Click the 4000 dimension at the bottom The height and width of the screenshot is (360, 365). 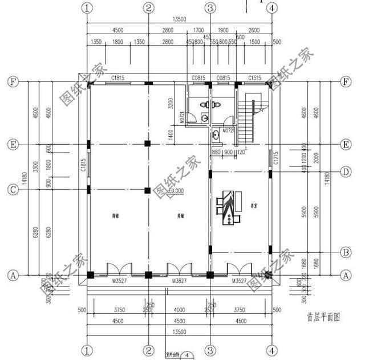coord(179,310)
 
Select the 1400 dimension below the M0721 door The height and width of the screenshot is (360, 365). coord(171,134)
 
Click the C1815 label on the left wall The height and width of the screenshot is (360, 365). coord(83,165)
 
